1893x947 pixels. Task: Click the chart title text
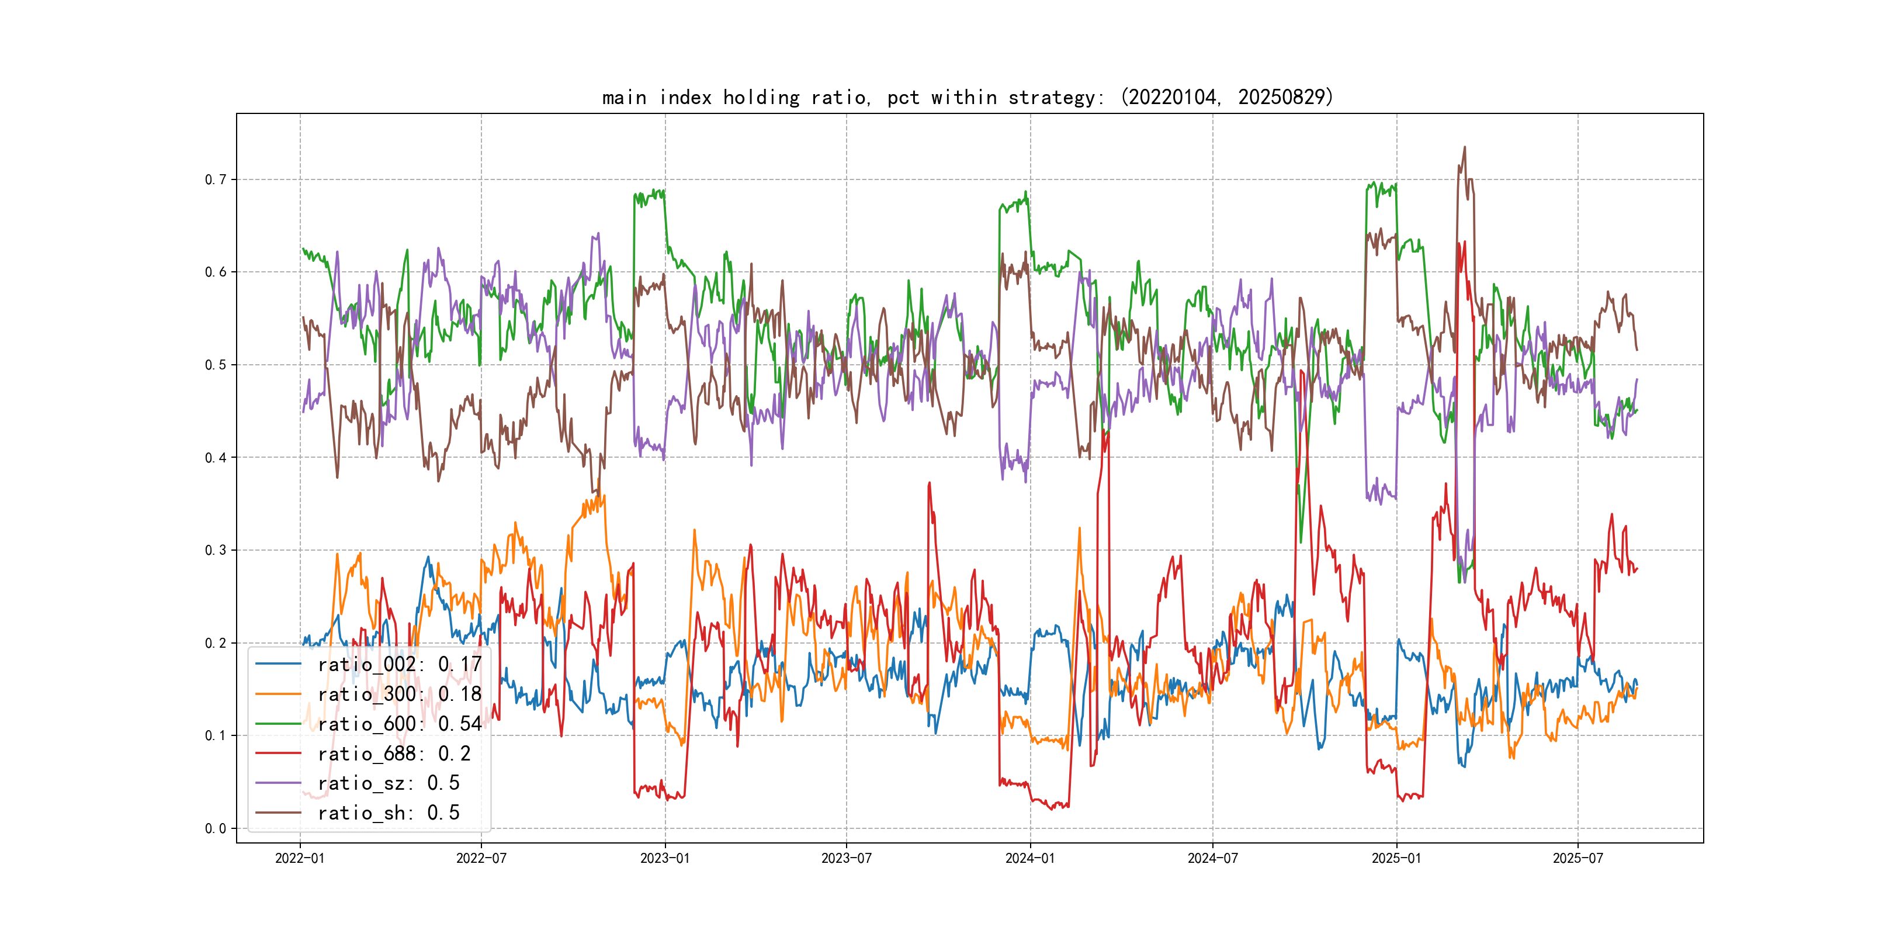[967, 97]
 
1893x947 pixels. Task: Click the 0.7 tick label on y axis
[216, 179]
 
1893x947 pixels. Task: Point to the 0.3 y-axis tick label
[216, 550]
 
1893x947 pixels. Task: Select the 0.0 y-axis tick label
[216, 829]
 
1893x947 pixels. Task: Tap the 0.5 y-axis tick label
[216, 365]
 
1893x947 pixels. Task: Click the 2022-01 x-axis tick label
[300, 858]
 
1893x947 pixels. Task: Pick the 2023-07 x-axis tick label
[846, 858]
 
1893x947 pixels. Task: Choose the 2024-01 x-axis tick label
[1029, 858]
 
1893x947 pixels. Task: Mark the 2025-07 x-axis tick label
[1577, 858]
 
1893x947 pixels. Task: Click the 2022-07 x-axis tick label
[481, 858]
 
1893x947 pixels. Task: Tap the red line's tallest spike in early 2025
[1459, 243]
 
